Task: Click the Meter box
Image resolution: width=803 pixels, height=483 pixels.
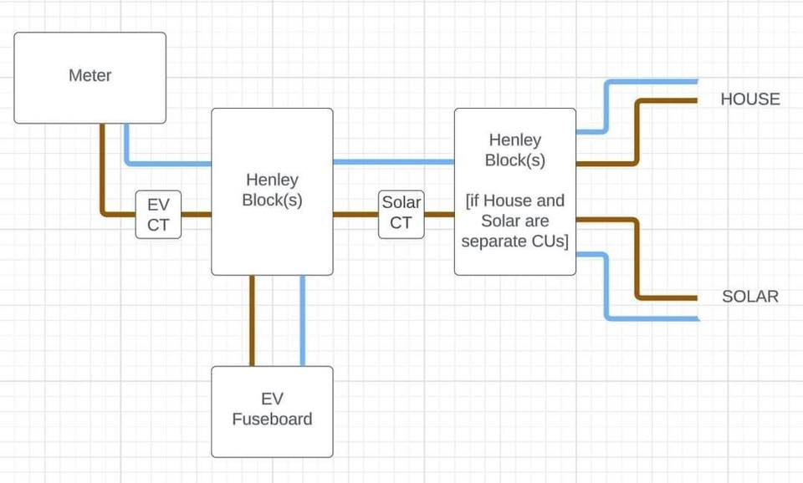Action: click(x=90, y=78)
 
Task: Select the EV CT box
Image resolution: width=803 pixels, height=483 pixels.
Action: click(x=158, y=215)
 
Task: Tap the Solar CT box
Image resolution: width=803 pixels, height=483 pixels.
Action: click(x=401, y=215)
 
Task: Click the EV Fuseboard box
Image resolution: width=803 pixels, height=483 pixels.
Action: click(x=272, y=411)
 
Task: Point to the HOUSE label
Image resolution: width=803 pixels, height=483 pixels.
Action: click(x=750, y=99)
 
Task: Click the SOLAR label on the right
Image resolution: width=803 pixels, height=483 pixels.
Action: click(x=750, y=297)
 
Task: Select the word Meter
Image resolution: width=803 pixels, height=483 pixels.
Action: click(x=90, y=75)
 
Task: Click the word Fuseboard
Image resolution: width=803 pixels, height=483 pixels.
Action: click(x=272, y=419)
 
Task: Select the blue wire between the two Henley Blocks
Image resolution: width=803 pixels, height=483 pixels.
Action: click(x=393, y=161)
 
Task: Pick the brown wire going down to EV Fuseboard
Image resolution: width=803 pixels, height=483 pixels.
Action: click(x=252, y=320)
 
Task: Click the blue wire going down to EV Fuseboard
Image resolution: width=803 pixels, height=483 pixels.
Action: click(x=303, y=320)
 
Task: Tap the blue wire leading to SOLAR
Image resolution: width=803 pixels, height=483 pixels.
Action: click(x=606, y=287)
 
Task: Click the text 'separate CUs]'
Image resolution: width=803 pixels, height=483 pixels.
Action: click(x=514, y=241)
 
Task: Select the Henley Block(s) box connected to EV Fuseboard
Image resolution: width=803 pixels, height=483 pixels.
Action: click(x=272, y=192)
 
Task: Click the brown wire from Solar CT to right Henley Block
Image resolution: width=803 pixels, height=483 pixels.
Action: click(x=439, y=215)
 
